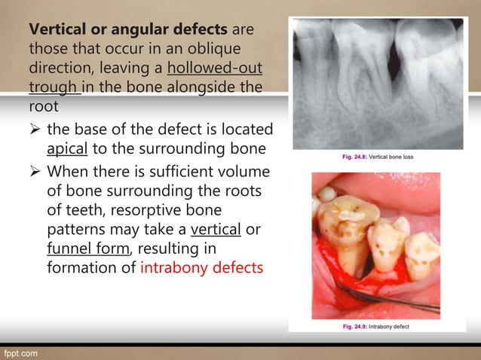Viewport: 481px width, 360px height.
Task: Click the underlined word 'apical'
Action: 67,147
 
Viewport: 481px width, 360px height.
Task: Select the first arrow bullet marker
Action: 34,130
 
